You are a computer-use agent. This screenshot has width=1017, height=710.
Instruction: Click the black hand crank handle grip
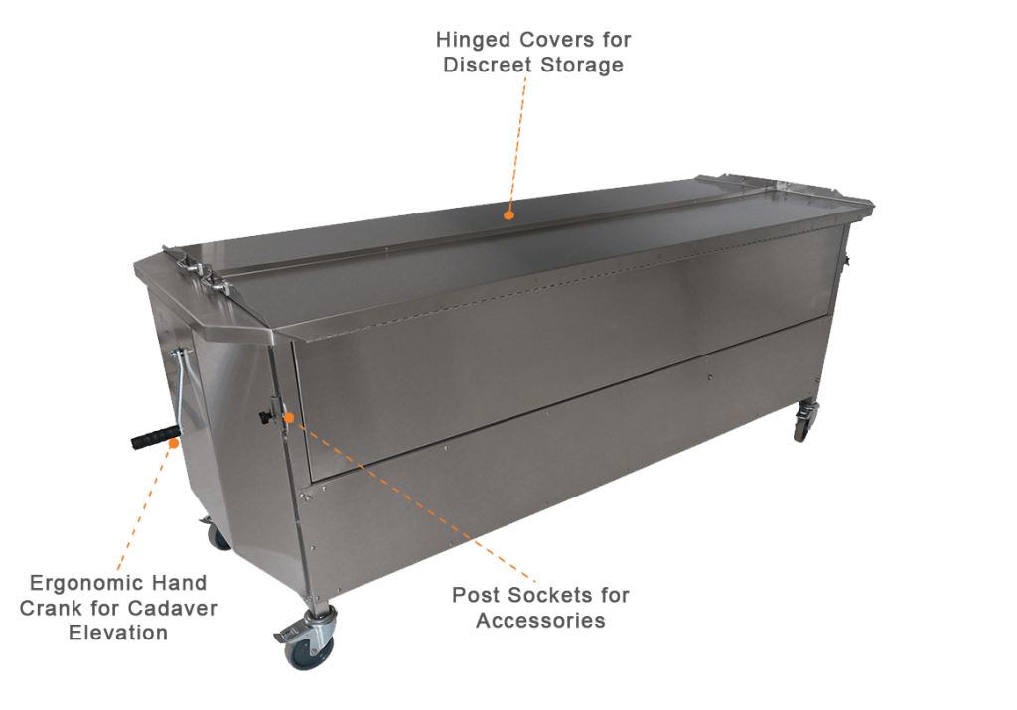coord(150,438)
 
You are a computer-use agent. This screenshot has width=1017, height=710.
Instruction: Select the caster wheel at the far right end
coord(802,424)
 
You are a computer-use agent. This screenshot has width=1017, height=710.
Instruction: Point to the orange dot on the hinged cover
coord(508,213)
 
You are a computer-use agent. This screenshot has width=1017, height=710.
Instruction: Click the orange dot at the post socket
coord(288,417)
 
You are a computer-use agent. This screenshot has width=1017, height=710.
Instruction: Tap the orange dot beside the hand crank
coord(175,444)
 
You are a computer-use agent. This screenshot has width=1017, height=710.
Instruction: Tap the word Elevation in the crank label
coord(118,633)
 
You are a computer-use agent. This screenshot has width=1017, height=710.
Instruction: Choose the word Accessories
coord(540,622)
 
